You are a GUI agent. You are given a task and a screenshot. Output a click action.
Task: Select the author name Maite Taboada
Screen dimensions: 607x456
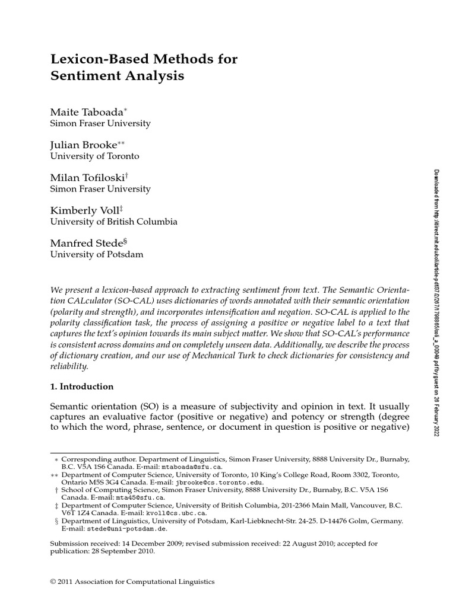(86, 112)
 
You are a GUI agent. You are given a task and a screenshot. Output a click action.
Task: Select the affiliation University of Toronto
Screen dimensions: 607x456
(94, 156)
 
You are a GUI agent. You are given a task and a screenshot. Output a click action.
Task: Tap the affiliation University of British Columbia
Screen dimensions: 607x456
(113, 222)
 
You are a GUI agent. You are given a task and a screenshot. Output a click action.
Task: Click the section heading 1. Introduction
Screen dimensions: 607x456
(81, 386)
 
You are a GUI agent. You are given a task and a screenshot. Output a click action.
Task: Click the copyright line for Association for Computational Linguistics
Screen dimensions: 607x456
(132, 582)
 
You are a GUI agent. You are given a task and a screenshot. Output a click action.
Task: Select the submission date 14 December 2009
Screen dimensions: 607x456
(145, 543)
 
